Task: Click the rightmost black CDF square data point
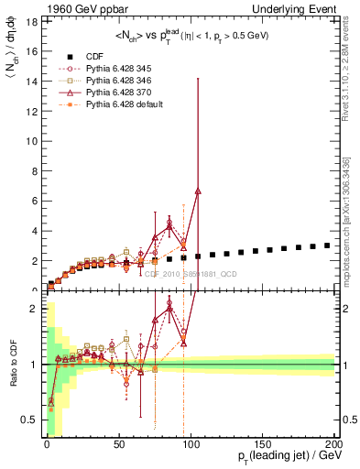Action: (327, 245)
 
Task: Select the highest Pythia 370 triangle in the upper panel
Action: (198, 191)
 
